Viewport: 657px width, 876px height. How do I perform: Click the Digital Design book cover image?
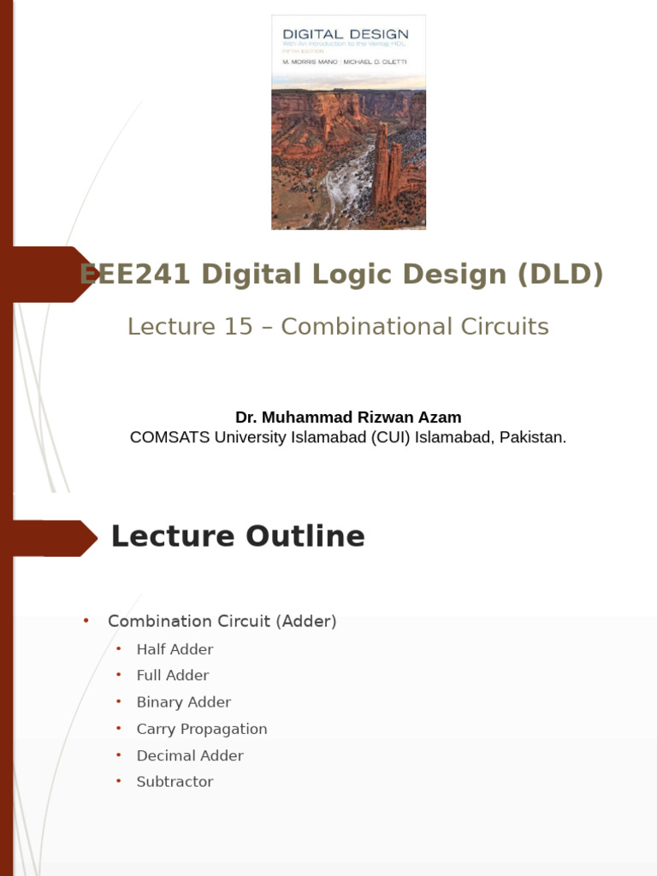pyautogui.click(x=348, y=122)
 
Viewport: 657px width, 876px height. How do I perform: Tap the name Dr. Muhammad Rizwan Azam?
pyautogui.click(x=348, y=417)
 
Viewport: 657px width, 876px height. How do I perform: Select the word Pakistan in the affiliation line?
pyautogui.click(x=532, y=437)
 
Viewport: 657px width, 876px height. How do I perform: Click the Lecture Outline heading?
pyautogui.click(x=238, y=536)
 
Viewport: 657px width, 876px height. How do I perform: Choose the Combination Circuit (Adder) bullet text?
pyautogui.click(x=222, y=621)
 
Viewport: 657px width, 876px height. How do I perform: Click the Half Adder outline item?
pyautogui.click(x=175, y=649)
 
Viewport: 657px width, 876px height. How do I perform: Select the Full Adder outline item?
pyautogui.click(x=173, y=676)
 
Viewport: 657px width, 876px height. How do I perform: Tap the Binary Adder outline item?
pyautogui.click(x=184, y=702)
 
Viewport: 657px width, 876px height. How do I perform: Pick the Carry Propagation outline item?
pyautogui.click(x=202, y=729)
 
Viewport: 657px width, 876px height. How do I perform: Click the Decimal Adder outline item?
pyautogui.click(x=190, y=755)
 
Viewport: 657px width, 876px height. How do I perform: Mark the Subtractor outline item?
pyautogui.click(x=175, y=782)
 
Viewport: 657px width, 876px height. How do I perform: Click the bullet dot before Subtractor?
pyautogui.click(x=119, y=781)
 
